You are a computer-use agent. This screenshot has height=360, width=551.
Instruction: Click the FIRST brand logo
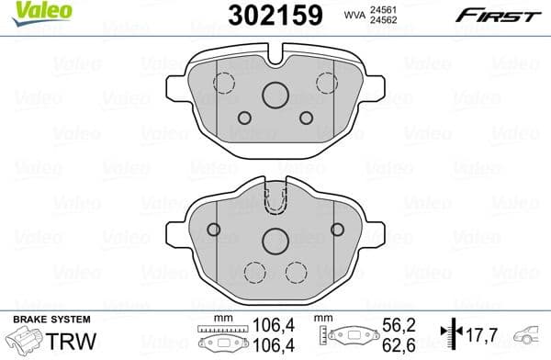click(487, 14)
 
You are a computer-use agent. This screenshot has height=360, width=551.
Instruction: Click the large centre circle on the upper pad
click(275, 95)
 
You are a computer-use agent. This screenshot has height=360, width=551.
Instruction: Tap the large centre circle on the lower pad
click(275, 241)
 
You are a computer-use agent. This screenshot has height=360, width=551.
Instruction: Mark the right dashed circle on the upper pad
click(327, 83)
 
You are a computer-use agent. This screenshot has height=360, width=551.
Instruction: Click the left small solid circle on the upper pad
click(244, 118)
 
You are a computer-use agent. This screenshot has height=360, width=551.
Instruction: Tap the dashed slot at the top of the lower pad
click(275, 202)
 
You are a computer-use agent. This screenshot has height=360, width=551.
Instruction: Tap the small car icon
click(531, 335)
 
